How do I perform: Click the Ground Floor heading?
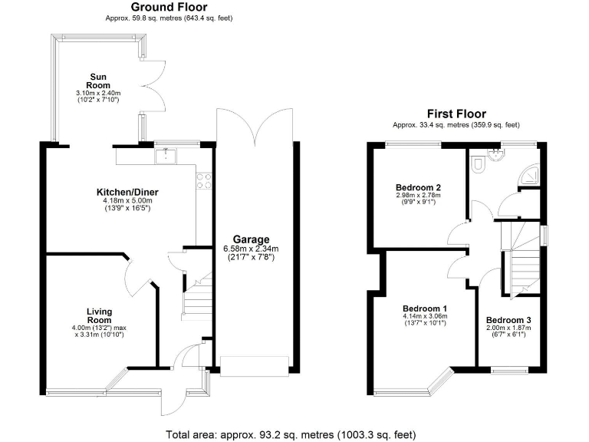(167, 7)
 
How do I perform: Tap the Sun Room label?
(98, 81)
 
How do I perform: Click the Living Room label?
(100, 315)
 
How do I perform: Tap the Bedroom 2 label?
(418, 186)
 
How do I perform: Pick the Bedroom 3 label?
(508, 320)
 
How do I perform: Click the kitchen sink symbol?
(165, 157)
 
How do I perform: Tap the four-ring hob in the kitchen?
(205, 181)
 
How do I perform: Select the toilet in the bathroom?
(477, 163)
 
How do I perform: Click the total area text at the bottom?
(291, 434)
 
